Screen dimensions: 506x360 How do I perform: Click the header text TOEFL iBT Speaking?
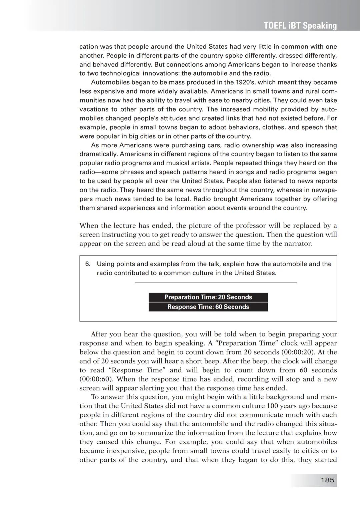pos(300,26)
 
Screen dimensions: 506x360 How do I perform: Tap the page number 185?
pos(327,480)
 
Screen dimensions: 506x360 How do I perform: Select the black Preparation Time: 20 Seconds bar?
pos(208,297)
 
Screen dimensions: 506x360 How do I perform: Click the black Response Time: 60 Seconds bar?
pos(208,307)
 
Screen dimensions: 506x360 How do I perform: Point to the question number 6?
pos(88,264)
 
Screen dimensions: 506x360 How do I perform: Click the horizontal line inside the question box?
pos(216,283)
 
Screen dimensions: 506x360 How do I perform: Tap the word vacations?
pos(94,109)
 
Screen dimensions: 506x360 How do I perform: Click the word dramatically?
pos(98,154)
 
